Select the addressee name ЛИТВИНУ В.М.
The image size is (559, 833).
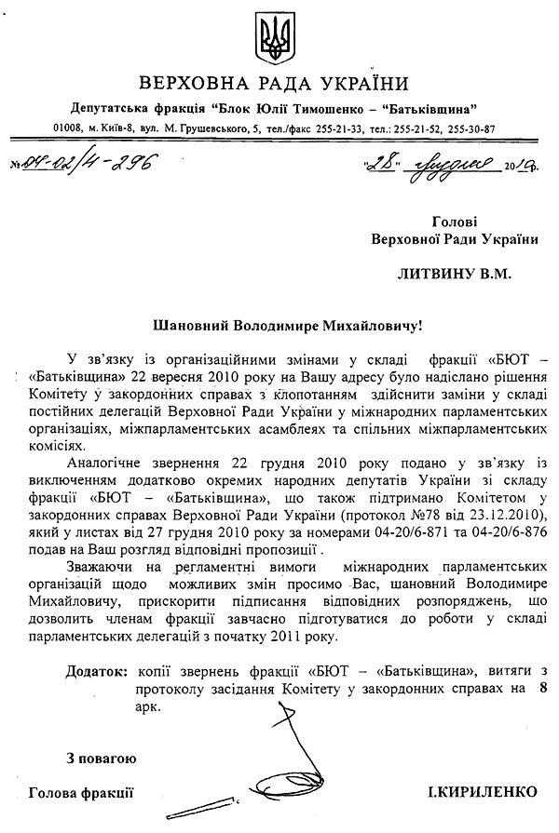456,275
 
